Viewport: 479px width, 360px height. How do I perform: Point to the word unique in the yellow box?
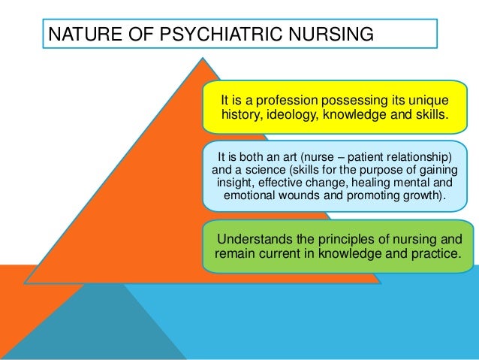click(x=429, y=100)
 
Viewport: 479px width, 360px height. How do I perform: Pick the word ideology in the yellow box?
click(x=299, y=116)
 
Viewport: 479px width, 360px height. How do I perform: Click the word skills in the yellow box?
click(x=430, y=116)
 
